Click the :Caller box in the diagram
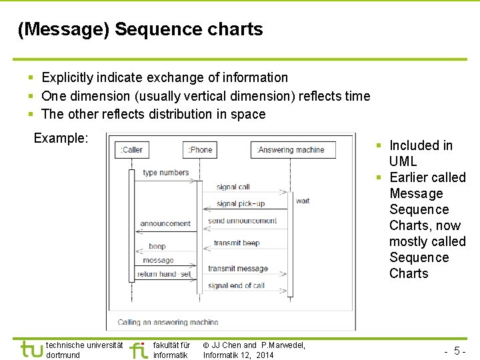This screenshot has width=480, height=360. (131, 150)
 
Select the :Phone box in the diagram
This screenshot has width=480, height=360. (200, 150)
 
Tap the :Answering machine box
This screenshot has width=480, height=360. (293, 150)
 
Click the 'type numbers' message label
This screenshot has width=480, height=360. (165, 173)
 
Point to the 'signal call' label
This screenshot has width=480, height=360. (233, 187)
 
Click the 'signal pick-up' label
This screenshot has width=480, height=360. (240, 203)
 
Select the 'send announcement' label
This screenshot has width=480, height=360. (242, 221)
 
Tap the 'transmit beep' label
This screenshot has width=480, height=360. (237, 243)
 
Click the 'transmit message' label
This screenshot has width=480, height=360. (237, 269)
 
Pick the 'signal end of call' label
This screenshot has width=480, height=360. (236, 285)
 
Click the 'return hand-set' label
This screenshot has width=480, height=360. (164, 274)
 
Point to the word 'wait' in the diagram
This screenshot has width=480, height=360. (303, 201)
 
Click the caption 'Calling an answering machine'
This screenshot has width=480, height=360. (167, 322)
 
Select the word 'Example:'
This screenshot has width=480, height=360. (61, 138)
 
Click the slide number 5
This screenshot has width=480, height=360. (458, 351)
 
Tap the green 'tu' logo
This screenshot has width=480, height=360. (31, 349)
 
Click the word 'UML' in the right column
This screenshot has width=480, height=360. (403, 161)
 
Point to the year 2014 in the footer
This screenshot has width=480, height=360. (264, 355)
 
